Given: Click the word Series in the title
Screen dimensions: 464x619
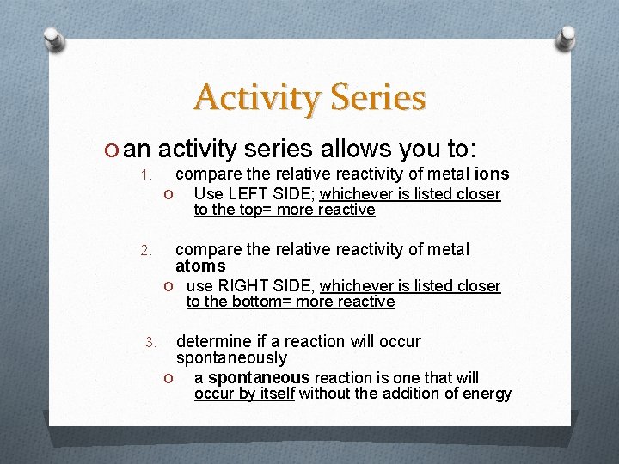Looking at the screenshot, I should pos(376,97).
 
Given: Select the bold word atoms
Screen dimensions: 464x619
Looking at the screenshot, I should pos(199,266).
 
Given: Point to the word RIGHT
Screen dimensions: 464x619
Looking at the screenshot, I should pos(243,285).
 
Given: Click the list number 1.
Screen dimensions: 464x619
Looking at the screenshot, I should pos(146,175).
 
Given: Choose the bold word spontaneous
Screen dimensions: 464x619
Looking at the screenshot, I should pos(258,378).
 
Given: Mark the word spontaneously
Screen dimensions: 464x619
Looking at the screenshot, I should pos(231,357).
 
